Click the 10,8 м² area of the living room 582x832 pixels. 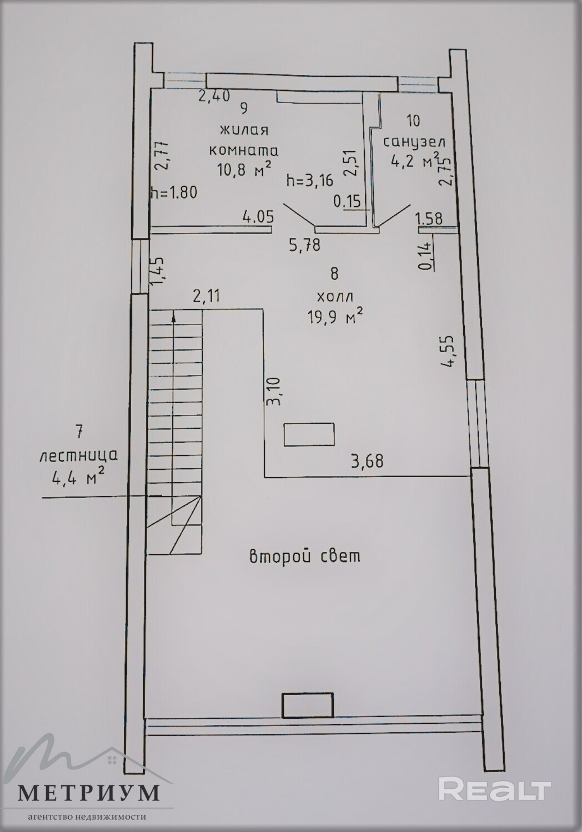click(x=244, y=169)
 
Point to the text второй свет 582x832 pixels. click(x=304, y=556)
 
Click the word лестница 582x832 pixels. click(x=78, y=455)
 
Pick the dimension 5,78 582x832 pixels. click(x=305, y=245)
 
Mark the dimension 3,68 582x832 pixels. click(x=367, y=461)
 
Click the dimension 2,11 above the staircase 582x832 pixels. click(x=207, y=296)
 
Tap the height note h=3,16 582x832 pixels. click(x=310, y=181)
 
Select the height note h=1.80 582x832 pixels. click(x=174, y=193)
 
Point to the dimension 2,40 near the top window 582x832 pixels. click(x=214, y=95)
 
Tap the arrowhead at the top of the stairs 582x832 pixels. click(x=173, y=316)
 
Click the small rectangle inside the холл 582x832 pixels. click(x=309, y=434)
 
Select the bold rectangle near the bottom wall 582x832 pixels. click(x=307, y=706)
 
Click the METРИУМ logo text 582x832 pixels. click(x=89, y=793)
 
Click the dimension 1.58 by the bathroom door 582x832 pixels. click(x=430, y=219)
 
